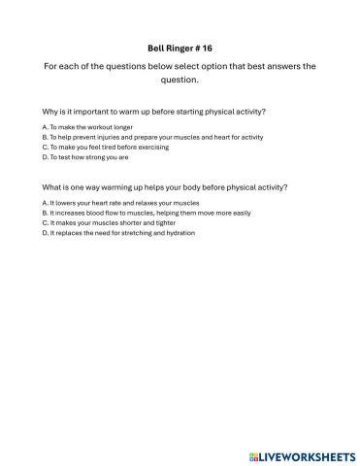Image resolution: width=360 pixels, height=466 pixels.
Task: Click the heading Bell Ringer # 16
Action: pyautogui.click(x=180, y=45)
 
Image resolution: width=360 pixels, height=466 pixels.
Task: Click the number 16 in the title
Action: pyautogui.click(x=207, y=45)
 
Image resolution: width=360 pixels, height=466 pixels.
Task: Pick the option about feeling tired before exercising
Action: pyautogui.click(x=106, y=148)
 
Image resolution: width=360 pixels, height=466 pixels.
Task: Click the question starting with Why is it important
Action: pyautogui.click(x=154, y=112)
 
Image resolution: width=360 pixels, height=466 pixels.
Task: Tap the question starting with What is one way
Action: pyautogui.click(x=165, y=186)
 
